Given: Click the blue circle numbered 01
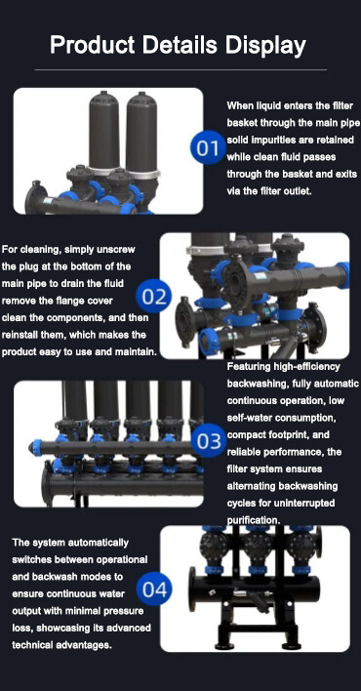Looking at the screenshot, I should pyautogui.click(x=207, y=149).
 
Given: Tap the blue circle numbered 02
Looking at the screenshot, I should pyautogui.click(x=155, y=295).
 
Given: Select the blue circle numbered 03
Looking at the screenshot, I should pyautogui.click(x=209, y=441).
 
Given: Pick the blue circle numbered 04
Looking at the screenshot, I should pyautogui.click(x=155, y=589).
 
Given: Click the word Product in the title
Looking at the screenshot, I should pyautogui.click(x=92, y=46).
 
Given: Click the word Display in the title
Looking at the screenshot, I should pyautogui.click(x=264, y=46).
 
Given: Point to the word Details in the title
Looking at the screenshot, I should pyautogui.click(x=179, y=46).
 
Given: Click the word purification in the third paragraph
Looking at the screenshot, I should pyautogui.click(x=255, y=520).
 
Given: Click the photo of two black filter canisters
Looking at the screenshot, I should pyautogui.click(x=107, y=151).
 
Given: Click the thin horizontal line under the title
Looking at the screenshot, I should pyautogui.click(x=180, y=70).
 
